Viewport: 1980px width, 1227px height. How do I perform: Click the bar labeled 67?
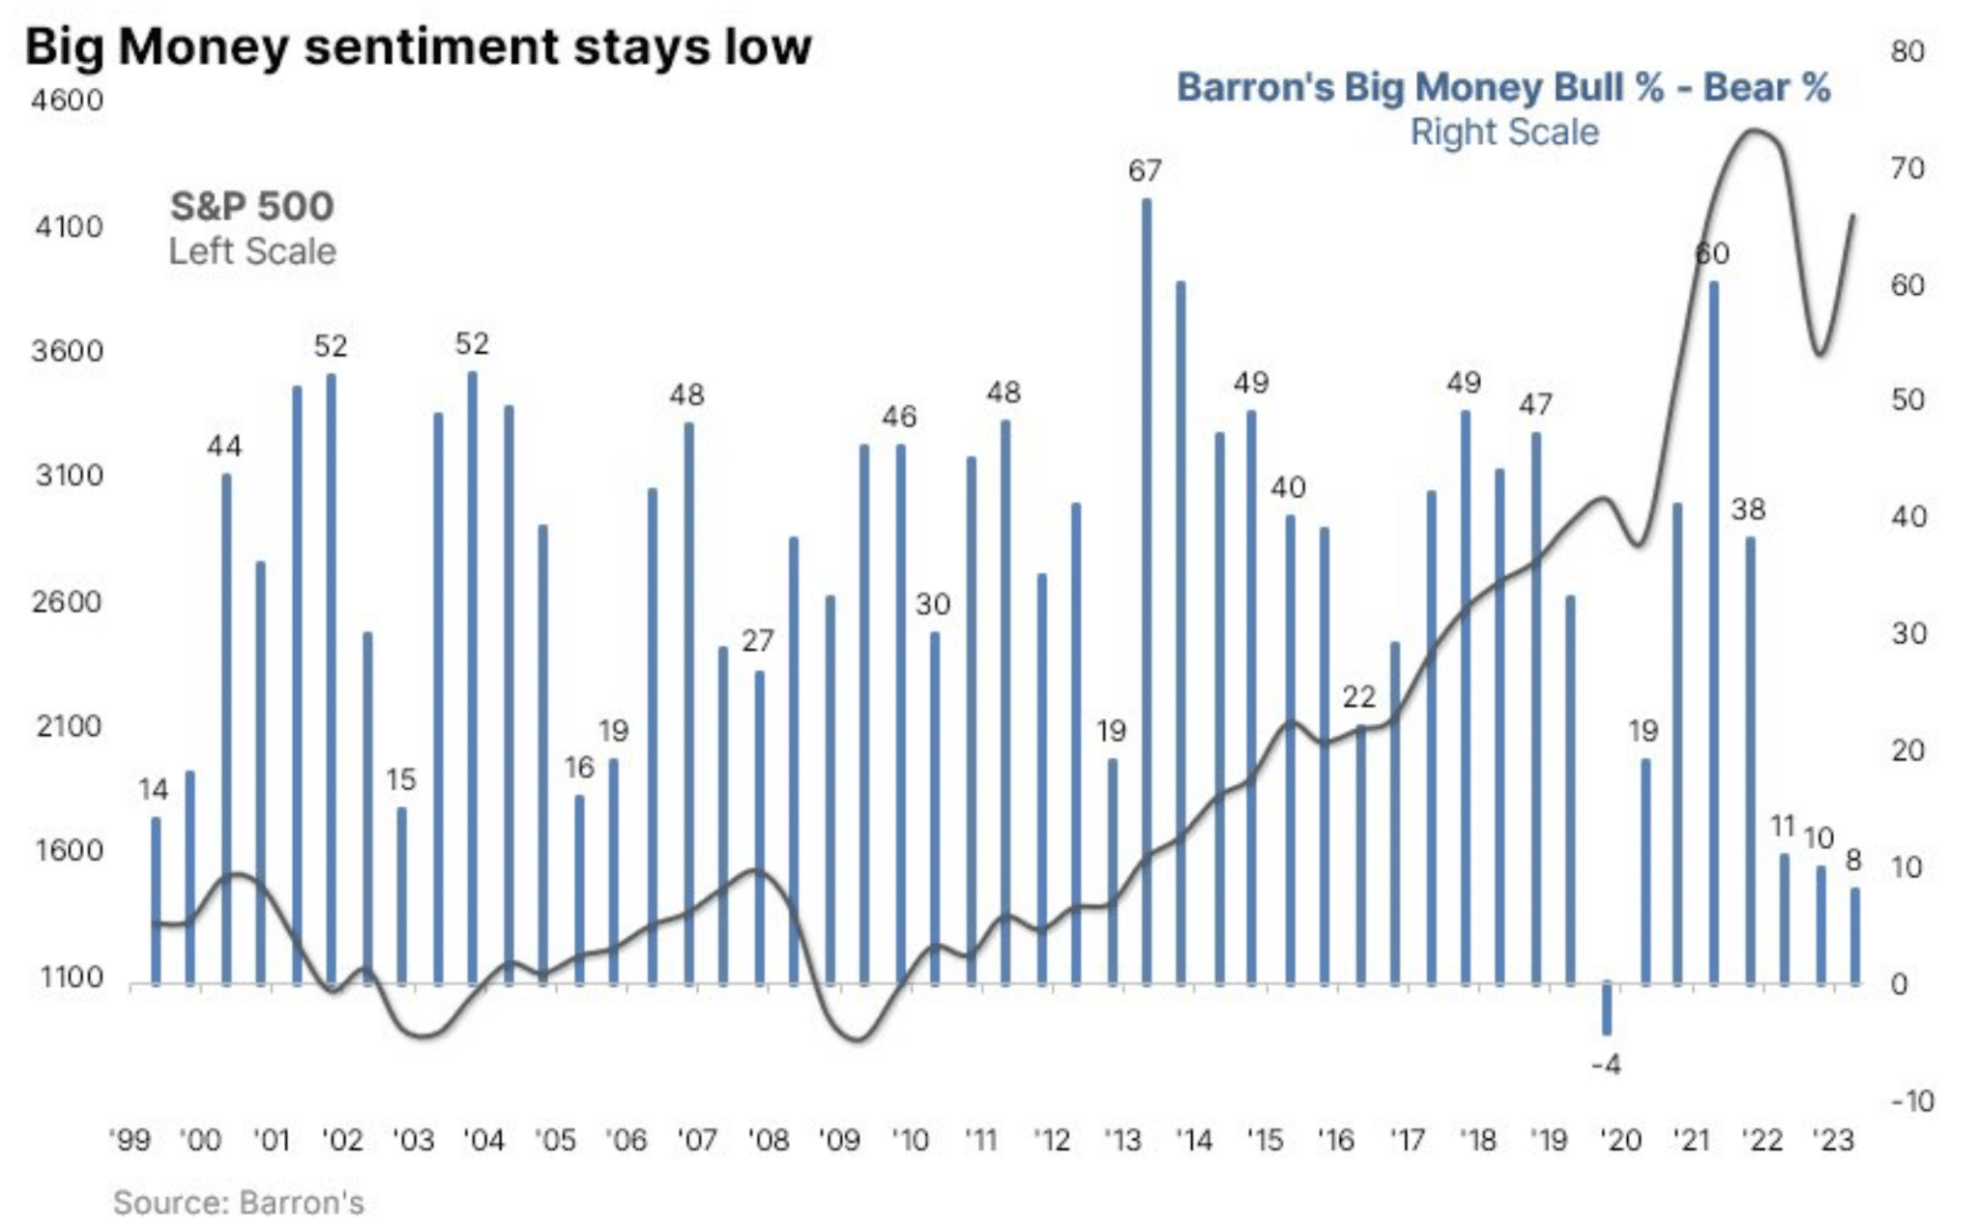(x=1147, y=590)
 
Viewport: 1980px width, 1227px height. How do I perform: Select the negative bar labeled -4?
(x=1607, y=1008)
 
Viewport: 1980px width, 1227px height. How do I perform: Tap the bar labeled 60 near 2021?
(x=1714, y=633)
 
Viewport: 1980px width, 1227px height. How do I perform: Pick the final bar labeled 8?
(x=1855, y=936)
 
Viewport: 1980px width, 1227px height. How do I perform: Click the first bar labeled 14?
(x=155, y=900)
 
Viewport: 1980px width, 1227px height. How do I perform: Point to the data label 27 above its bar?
(x=758, y=641)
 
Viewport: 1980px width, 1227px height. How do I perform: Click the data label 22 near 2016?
(x=1359, y=697)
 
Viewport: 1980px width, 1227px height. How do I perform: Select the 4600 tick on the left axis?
(x=67, y=101)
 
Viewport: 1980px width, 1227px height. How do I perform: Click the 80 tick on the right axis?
(x=1907, y=52)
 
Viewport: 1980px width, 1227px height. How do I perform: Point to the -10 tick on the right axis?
(x=1911, y=1101)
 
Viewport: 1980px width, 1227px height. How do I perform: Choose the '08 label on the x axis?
(x=769, y=1141)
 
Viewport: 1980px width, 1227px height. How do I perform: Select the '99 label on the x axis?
(x=131, y=1141)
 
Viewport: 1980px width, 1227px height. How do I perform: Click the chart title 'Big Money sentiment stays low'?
(x=418, y=46)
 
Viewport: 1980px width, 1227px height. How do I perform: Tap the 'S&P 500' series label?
(x=252, y=206)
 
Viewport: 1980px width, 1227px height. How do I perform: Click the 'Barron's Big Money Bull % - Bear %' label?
(x=1503, y=88)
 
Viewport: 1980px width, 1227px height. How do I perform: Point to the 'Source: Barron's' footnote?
(x=239, y=1203)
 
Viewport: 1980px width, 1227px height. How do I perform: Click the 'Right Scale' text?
(x=1504, y=132)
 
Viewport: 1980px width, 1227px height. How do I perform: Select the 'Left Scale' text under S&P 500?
(x=252, y=251)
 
